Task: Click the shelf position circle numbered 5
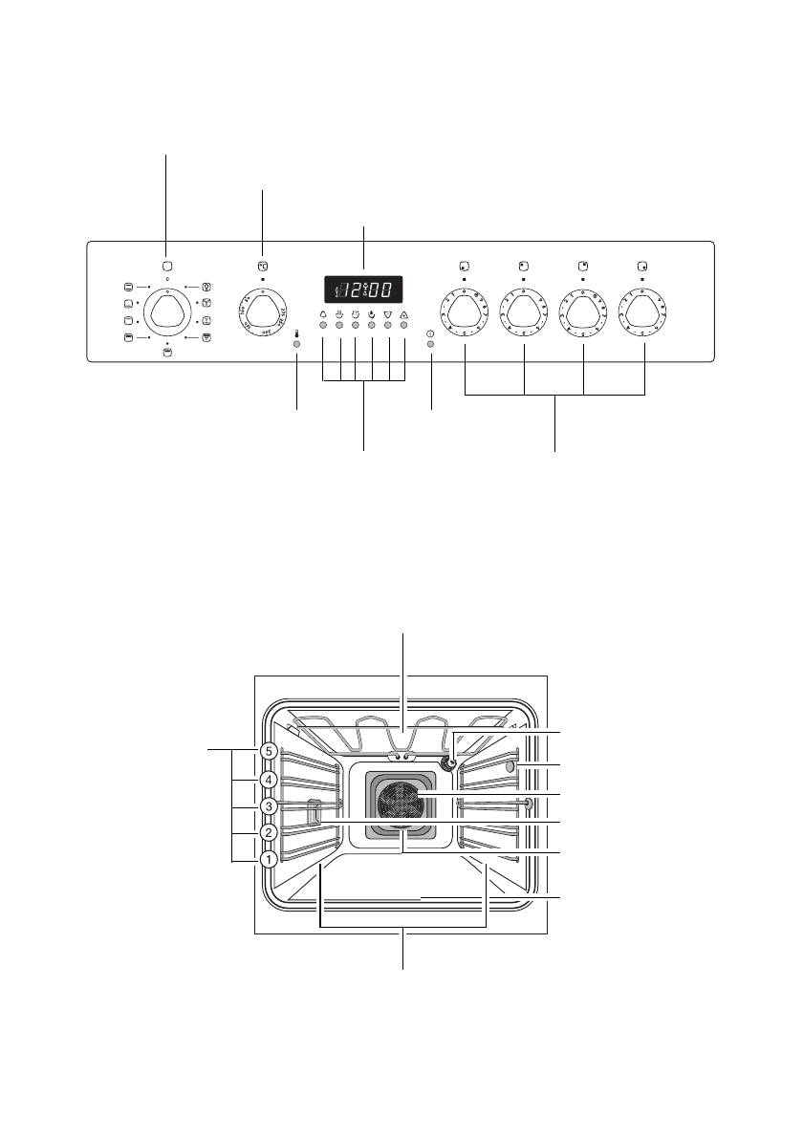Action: pyautogui.click(x=270, y=751)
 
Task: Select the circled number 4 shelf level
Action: pyautogui.click(x=270, y=780)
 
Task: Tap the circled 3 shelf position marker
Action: pyautogui.click(x=270, y=806)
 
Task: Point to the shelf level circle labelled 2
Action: pyautogui.click(x=270, y=833)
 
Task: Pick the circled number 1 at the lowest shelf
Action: pyautogui.click(x=270, y=859)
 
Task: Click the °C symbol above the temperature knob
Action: pyautogui.click(x=262, y=267)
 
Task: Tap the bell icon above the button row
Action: pyautogui.click(x=323, y=313)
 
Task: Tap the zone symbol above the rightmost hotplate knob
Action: pyautogui.click(x=643, y=266)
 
